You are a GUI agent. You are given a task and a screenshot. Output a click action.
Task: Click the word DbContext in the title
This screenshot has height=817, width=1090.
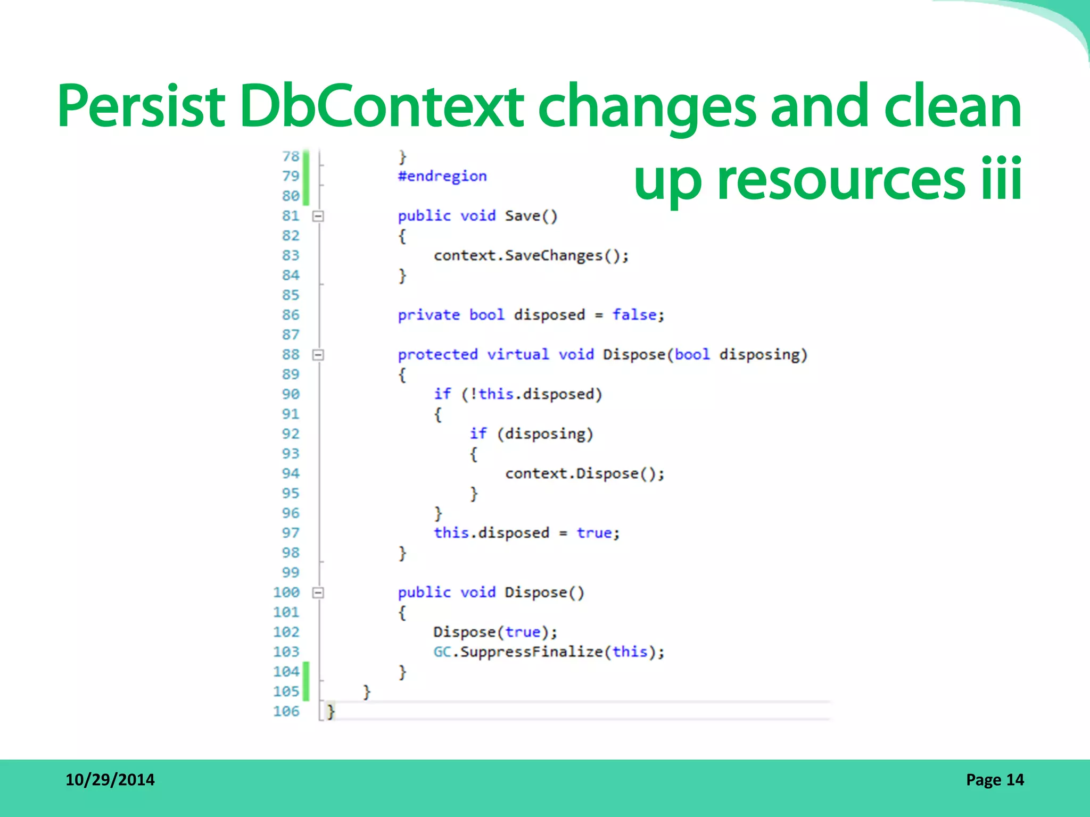[381, 106]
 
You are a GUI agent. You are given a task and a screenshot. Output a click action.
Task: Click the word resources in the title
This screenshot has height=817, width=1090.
[841, 180]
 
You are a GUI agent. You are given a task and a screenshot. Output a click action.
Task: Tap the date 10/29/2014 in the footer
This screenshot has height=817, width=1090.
[110, 780]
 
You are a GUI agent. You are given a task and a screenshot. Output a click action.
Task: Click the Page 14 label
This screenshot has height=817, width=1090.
[995, 780]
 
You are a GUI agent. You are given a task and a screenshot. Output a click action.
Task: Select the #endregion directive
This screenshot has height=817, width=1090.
[442, 176]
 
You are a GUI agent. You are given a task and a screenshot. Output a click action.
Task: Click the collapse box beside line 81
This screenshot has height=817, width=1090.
[318, 216]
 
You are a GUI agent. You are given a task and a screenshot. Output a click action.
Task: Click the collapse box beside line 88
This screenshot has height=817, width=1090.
[318, 355]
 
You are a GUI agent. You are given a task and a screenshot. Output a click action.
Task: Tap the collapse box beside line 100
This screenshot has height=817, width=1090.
[318, 593]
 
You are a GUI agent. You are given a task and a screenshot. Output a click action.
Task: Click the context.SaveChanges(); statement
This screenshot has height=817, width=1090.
[531, 256]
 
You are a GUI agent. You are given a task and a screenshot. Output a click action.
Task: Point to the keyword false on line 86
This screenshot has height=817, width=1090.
[634, 315]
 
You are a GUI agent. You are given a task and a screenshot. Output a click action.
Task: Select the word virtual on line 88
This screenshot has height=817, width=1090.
[518, 355]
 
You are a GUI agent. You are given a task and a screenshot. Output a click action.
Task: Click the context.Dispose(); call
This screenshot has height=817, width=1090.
[584, 473]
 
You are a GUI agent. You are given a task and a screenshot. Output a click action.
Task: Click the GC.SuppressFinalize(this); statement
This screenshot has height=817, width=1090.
[549, 652]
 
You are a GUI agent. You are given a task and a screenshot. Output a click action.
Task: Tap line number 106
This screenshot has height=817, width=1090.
[286, 711]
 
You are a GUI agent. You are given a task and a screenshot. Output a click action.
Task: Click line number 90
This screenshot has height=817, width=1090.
[291, 394]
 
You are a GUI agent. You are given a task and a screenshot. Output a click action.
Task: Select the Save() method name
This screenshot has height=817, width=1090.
[531, 216]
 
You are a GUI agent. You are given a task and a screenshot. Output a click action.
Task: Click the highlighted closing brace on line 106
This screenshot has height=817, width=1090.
[331, 711]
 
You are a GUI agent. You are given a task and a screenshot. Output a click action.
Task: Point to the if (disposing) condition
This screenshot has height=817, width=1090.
[531, 434]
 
